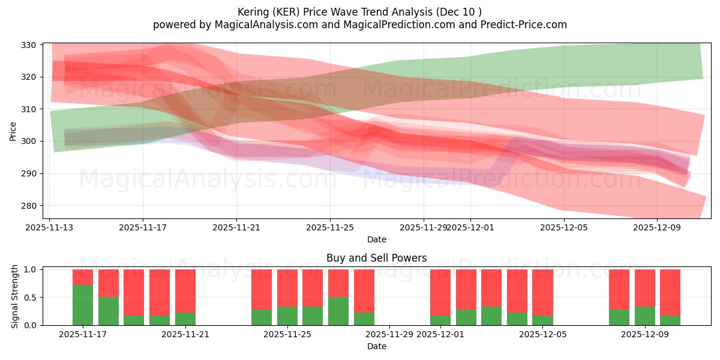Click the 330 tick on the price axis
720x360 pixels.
(x=30, y=45)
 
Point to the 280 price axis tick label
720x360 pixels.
(x=30, y=206)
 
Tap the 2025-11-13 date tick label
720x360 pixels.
(x=50, y=227)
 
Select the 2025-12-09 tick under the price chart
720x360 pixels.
(x=657, y=227)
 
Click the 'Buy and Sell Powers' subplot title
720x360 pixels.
(x=376, y=258)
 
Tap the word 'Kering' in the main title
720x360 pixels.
(x=254, y=11)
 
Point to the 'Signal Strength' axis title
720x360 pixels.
(x=15, y=297)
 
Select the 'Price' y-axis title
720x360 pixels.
(x=13, y=131)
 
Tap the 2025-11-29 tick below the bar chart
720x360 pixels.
(x=389, y=334)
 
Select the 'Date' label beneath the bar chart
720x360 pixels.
(x=376, y=346)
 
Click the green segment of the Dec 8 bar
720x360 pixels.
(x=619, y=317)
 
